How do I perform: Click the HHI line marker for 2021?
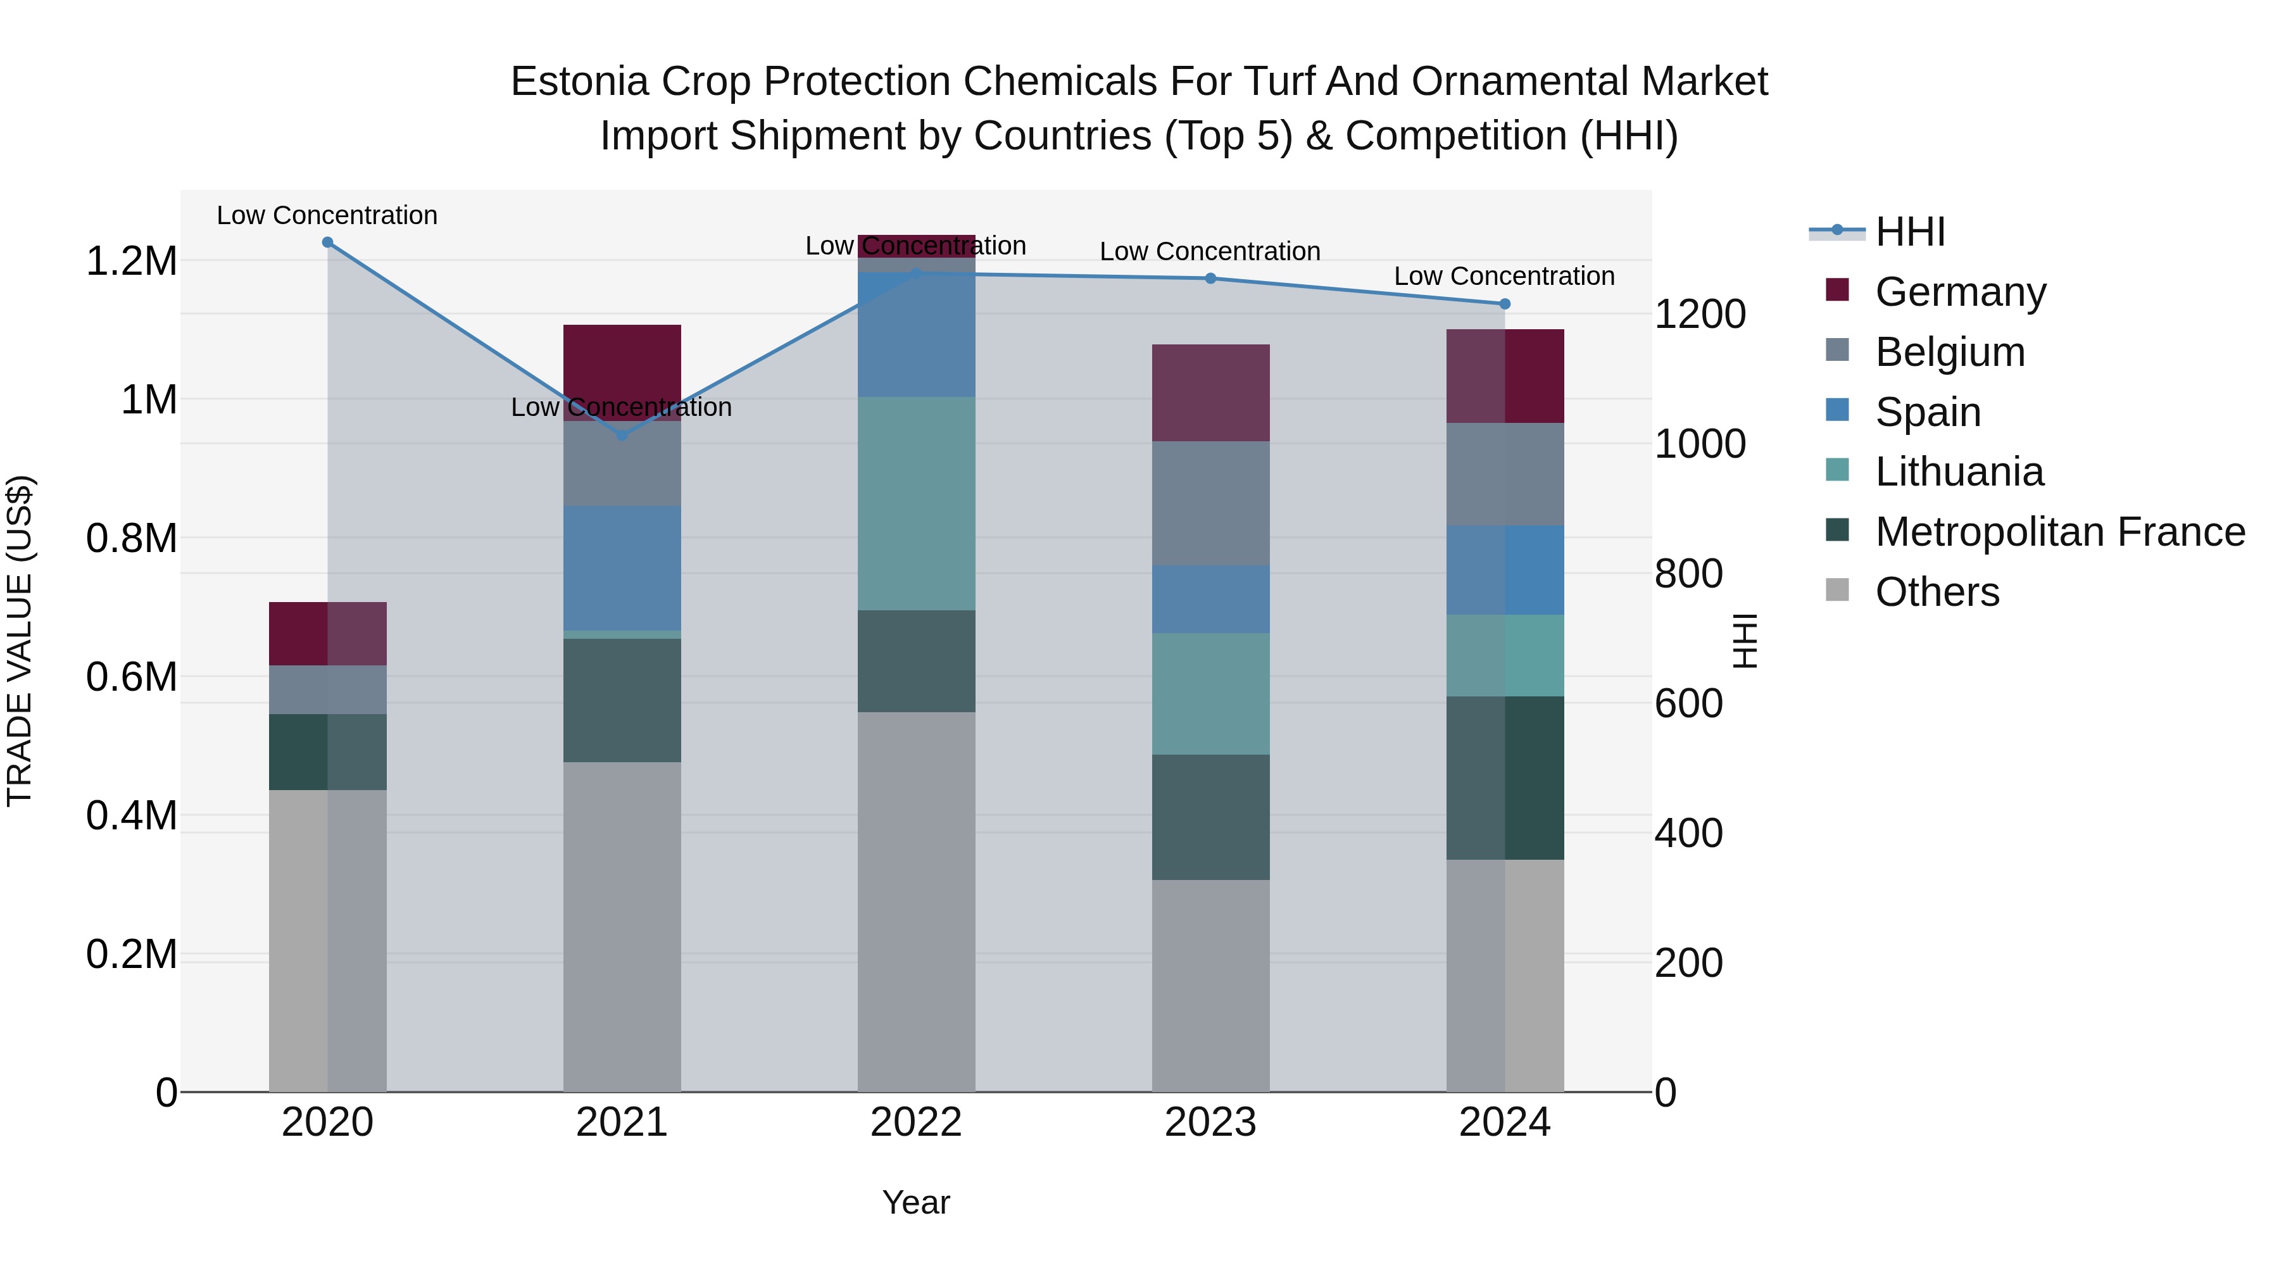[x=622, y=436]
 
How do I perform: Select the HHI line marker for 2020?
[x=327, y=242]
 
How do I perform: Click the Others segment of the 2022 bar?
[x=917, y=902]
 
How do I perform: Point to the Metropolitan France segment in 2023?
[x=1210, y=817]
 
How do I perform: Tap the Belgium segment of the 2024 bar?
[x=1505, y=474]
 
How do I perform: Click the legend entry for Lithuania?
[x=1959, y=472]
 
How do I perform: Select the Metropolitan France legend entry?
[x=2059, y=532]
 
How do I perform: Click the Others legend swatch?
[x=1838, y=591]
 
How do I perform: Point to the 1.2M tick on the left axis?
[x=131, y=262]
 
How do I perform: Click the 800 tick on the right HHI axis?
[x=1688, y=574]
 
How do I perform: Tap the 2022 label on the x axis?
[x=917, y=1122]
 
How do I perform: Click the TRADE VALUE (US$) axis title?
[x=20, y=641]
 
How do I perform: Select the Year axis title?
[x=917, y=1202]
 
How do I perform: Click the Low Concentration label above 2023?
[x=1210, y=251]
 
